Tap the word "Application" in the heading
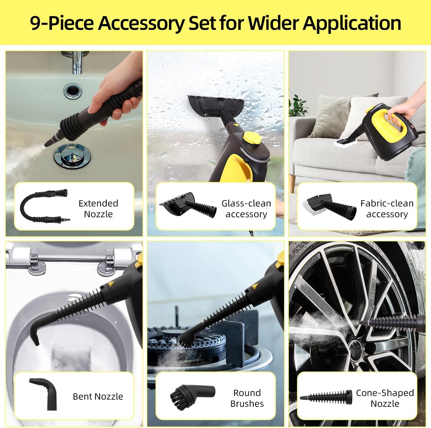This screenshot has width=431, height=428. click(352, 23)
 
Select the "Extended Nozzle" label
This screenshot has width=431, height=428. click(98, 209)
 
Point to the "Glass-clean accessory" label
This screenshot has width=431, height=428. click(246, 209)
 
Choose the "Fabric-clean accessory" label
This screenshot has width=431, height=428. click(387, 209)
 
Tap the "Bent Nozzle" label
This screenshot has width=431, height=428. click(98, 396)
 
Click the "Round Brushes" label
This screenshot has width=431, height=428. click(247, 398)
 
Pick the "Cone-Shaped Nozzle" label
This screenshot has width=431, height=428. click(385, 398)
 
